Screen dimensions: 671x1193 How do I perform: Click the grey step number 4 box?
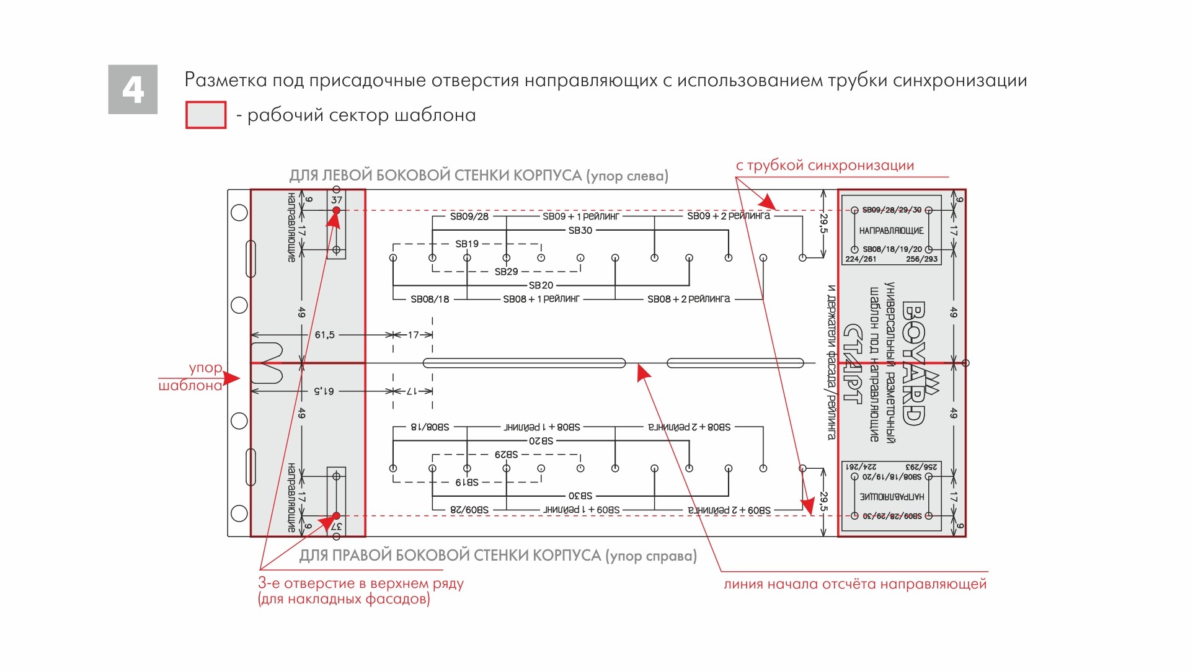133,89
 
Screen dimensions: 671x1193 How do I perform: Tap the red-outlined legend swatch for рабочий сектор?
206,115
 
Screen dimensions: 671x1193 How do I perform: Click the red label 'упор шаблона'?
191,376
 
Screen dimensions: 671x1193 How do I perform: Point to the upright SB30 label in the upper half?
580,231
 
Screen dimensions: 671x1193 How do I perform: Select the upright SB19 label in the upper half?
467,244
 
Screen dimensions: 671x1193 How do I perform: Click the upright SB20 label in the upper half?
541,285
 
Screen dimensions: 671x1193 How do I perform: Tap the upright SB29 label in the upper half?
506,272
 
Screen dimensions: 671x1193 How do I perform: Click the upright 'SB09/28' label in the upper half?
469,216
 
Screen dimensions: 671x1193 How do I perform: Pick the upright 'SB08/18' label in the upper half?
430,299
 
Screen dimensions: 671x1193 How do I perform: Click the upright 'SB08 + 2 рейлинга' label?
688,299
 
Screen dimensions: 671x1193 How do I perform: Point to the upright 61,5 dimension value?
324,335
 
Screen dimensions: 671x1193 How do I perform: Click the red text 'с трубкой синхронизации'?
825,166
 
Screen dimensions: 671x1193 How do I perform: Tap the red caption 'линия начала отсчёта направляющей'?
854,584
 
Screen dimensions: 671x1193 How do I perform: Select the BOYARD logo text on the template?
913,363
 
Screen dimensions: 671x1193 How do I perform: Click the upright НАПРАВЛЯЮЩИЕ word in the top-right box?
891,231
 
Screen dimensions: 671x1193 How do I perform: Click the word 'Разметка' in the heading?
226,81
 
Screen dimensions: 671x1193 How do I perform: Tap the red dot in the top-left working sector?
337,211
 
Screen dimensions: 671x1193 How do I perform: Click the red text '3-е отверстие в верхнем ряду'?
360,584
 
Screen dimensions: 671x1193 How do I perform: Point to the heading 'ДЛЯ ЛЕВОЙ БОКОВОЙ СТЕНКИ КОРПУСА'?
435,176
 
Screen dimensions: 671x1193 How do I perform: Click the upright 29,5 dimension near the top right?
824,224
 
